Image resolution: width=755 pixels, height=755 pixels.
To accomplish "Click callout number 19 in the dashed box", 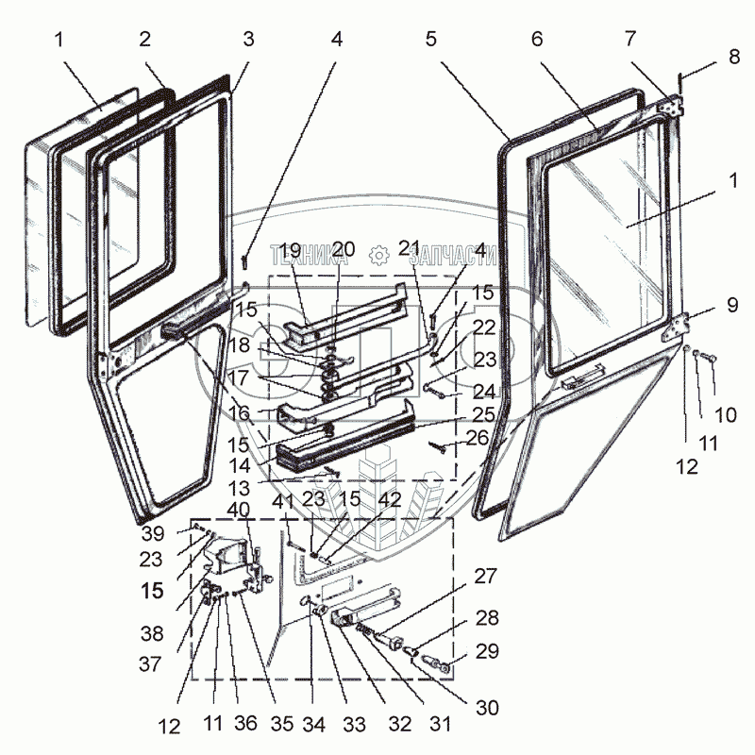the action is [x=289, y=249].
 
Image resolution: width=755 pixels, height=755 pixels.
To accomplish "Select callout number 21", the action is [x=410, y=249].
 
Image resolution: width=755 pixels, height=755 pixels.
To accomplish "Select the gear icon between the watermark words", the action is [x=378, y=255].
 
